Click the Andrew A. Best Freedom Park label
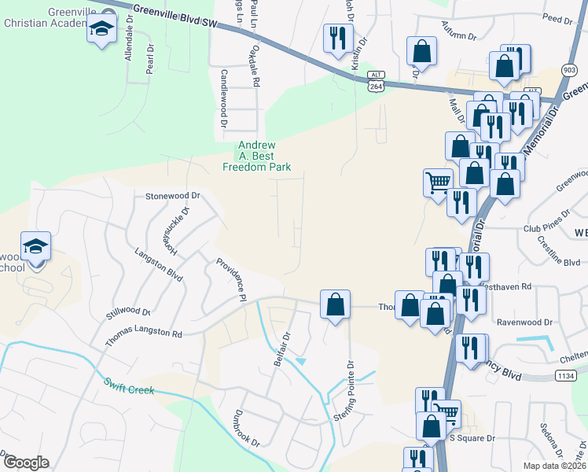(256, 156)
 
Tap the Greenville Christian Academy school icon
(101, 31)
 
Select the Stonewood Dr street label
(173, 195)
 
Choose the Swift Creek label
(129, 385)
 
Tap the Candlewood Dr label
(223, 98)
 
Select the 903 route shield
(568, 70)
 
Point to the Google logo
(25, 463)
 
